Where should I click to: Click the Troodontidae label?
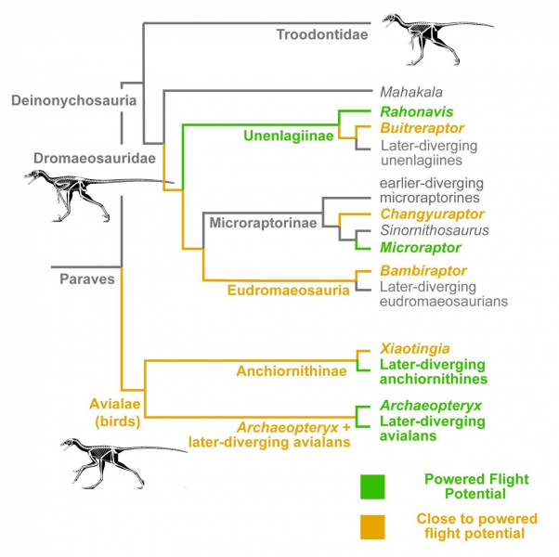tap(322, 35)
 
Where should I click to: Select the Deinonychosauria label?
tap(74, 100)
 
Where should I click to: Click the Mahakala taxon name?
tap(411, 92)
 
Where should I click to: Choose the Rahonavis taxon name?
tap(411, 110)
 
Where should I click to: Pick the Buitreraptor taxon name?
tap(422, 127)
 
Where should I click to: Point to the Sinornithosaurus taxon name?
tap(435, 230)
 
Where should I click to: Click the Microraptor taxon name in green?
tap(421, 248)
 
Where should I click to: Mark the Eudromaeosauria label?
tap(288, 291)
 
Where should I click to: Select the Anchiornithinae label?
tap(292, 371)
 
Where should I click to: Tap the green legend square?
tap(373, 486)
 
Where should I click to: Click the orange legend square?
tap(373, 526)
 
